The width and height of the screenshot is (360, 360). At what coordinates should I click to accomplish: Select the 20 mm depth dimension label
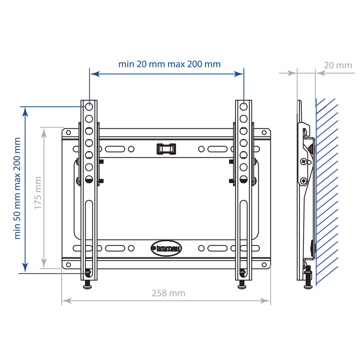pos(338,65)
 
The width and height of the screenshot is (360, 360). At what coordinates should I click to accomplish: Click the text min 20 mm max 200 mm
pos(169,64)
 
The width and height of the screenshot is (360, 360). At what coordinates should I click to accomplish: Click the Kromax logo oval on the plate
pos(166,248)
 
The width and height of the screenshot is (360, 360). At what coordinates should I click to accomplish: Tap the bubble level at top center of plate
pos(166,148)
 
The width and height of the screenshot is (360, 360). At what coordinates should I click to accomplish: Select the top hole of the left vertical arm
pos(89,107)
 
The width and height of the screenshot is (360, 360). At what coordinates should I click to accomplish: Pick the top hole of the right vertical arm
pos(243,107)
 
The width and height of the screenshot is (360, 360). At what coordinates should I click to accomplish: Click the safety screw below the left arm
pos(87,285)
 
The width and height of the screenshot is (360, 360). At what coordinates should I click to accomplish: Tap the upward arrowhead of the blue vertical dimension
pos(25,112)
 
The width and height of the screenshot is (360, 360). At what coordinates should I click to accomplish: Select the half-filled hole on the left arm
pos(89,179)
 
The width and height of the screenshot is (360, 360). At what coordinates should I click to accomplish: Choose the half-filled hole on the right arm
pos(243,179)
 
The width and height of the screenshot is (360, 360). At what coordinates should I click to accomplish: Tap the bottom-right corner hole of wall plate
pos(264,265)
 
